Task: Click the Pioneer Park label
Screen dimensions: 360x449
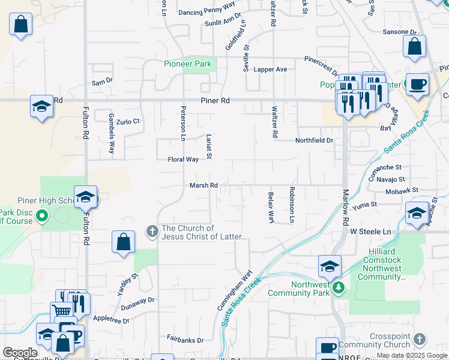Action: tap(187, 64)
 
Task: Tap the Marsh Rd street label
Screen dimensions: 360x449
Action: tap(203, 186)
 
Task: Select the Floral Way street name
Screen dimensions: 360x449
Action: tap(183, 160)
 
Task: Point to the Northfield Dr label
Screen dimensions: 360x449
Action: tap(313, 140)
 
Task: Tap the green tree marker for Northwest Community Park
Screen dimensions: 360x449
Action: tap(339, 289)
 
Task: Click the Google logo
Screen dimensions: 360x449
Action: tap(20, 353)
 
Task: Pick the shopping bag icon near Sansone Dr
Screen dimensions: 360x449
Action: tap(414, 47)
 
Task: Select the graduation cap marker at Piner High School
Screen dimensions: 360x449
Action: tap(86, 197)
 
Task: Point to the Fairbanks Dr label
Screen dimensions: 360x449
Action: tap(185, 340)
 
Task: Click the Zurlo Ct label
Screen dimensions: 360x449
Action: tap(128, 121)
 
